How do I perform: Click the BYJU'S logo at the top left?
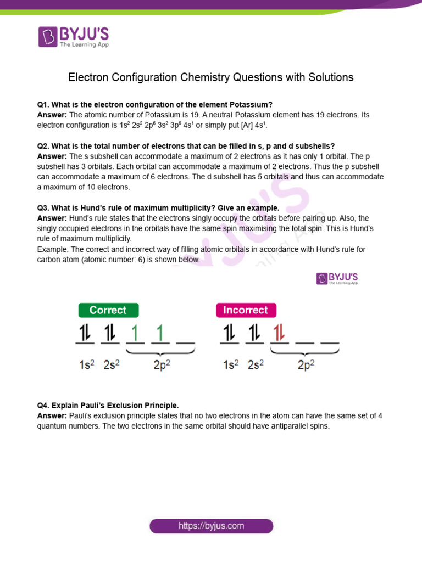tap(74, 36)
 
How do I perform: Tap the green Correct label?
tap(108, 310)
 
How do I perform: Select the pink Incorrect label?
tap(245, 310)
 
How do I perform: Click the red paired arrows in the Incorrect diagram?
tap(279, 333)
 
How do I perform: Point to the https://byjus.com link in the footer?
tap(211, 526)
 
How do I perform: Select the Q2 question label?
tap(43, 146)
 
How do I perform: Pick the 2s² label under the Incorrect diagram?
tap(254, 363)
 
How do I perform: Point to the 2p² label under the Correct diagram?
tap(163, 363)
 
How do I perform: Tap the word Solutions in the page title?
tap(329, 77)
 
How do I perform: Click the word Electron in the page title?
tap(87, 77)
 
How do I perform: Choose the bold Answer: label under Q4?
tap(52, 416)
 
